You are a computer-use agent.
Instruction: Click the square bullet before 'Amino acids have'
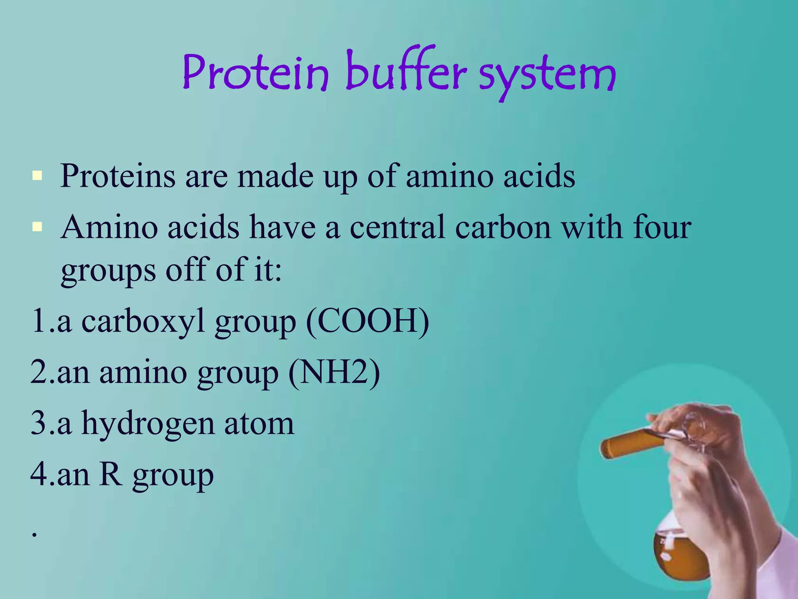37,227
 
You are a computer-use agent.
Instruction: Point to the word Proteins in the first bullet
118,176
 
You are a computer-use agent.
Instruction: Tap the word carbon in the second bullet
503,227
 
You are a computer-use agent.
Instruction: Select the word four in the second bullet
662,227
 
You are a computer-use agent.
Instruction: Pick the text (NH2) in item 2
334,372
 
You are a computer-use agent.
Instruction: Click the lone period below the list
35,534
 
